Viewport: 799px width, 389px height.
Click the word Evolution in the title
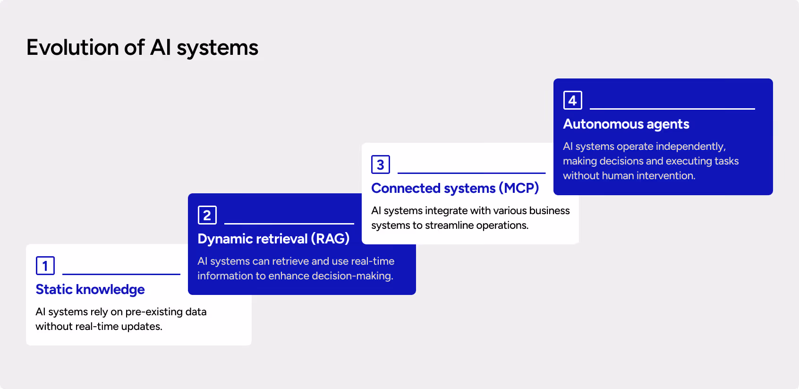(72, 48)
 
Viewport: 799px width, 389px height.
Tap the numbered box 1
(45, 266)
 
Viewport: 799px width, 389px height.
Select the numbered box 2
(207, 215)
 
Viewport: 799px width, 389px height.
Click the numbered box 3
(380, 164)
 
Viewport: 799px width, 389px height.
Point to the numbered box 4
(572, 100)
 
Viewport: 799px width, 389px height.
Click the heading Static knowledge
(90, 289)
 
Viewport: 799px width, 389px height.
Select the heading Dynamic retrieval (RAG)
(273, 239)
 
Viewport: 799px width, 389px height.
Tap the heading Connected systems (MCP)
(455, 188)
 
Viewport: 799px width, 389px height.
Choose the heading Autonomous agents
(626, 124)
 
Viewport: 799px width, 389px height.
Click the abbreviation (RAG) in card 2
(330, 239)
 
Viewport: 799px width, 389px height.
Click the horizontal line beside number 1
(121, 274)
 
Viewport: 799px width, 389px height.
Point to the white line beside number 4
(672, 109)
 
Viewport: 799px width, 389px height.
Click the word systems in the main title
(217, 48)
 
